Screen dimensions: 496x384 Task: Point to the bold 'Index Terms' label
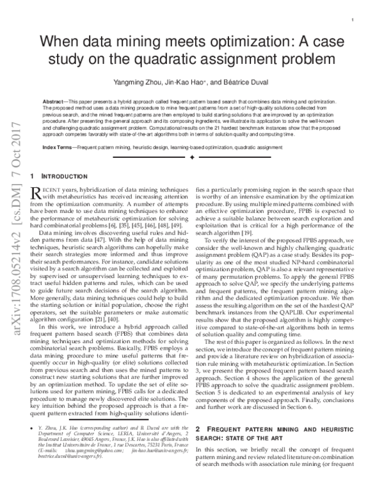(56, 147)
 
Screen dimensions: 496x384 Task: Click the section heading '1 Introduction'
(60, 175)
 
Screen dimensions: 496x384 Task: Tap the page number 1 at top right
(353, 20)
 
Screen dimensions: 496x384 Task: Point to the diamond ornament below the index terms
(191, 157)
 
